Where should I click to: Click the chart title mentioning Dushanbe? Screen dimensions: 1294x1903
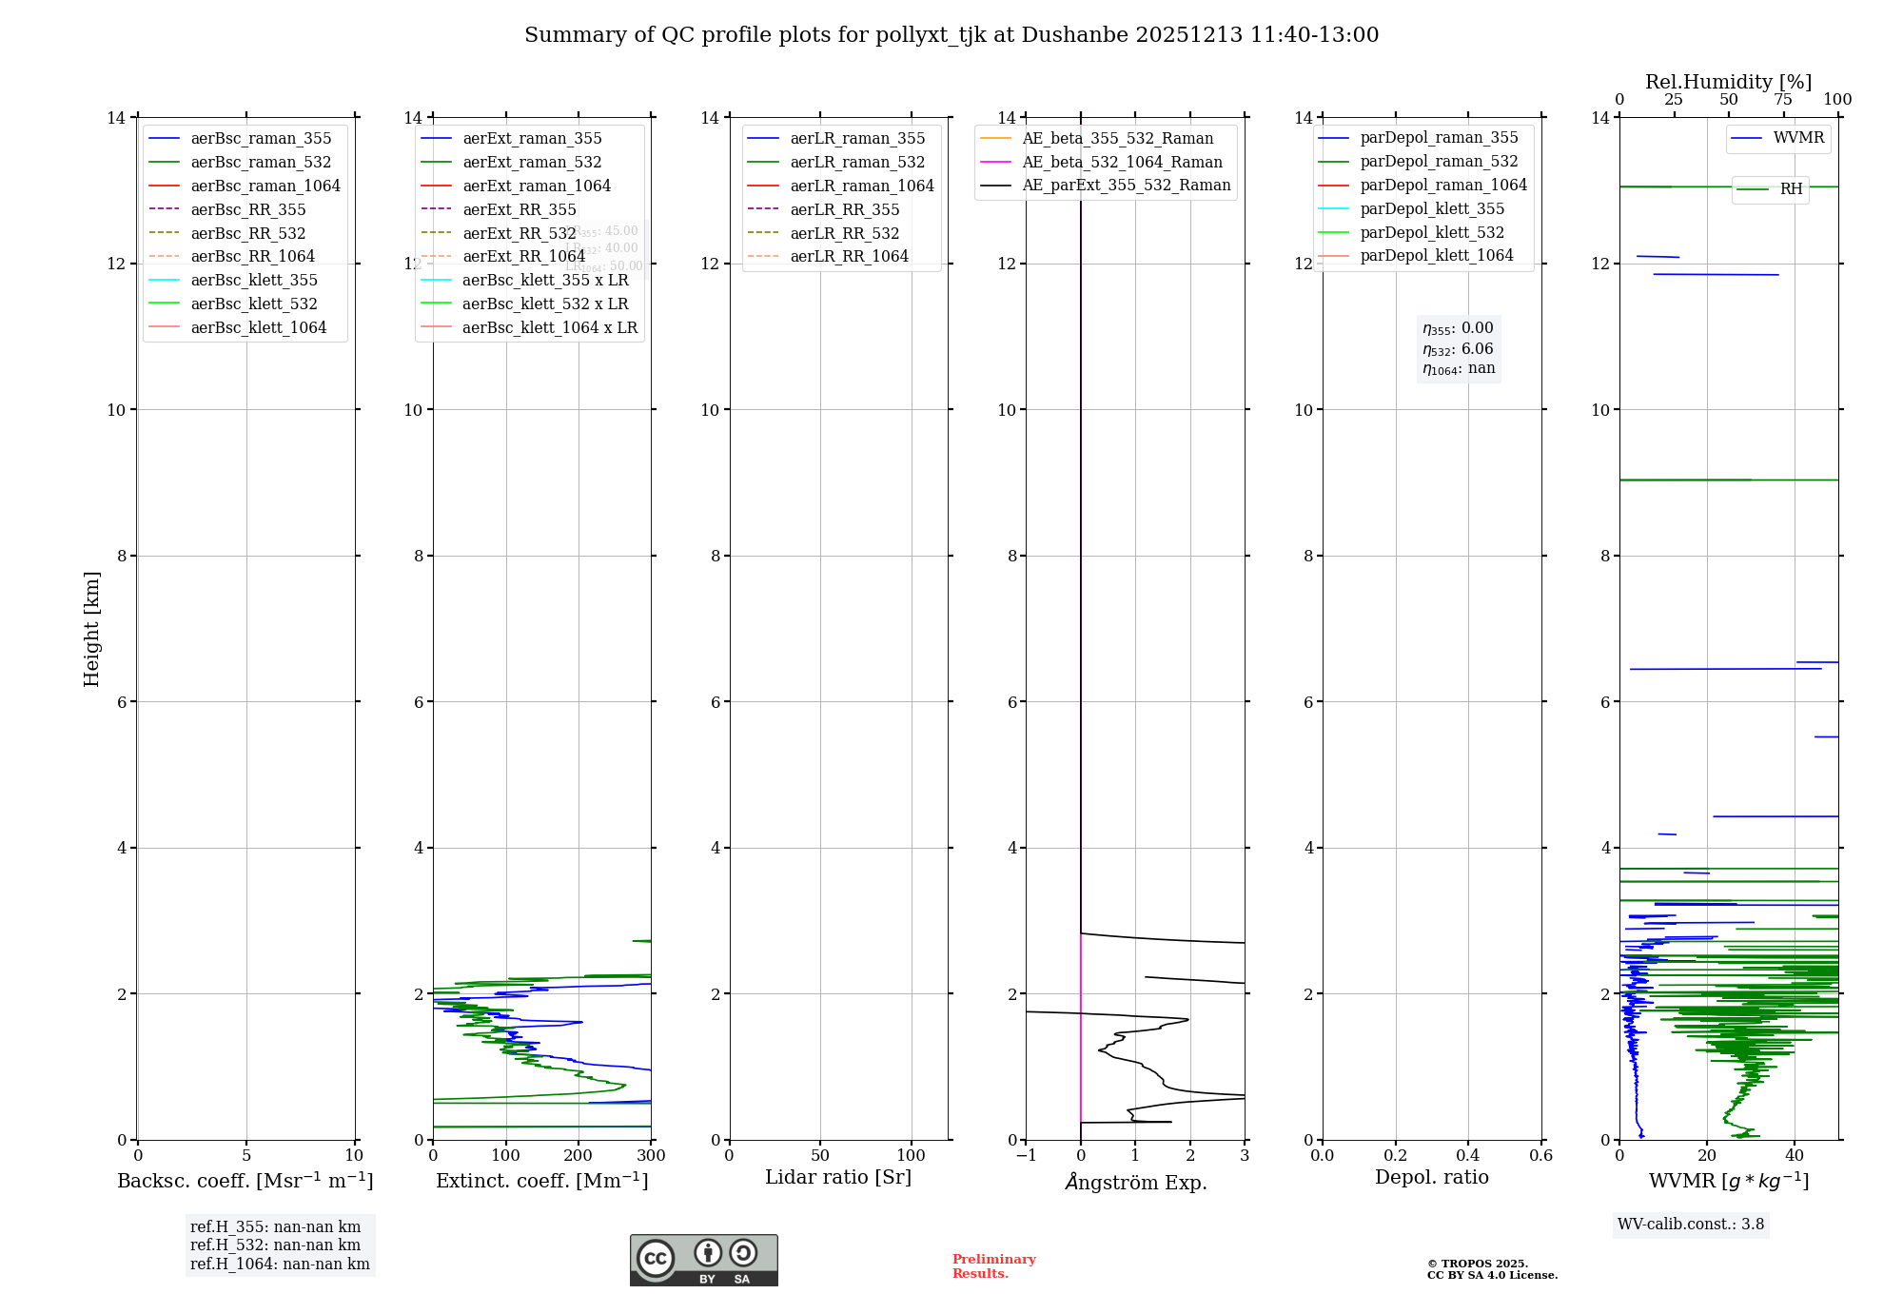coord(951,35)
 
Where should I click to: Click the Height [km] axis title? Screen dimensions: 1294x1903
coord(91,628)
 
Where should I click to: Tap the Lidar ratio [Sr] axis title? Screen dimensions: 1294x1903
coord(838,1177)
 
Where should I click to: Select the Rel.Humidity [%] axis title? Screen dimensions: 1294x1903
coord(1728,82)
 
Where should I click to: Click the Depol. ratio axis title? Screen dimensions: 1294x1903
coord(1431,1177)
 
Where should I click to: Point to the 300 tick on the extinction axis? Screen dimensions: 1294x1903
coord(652,1156)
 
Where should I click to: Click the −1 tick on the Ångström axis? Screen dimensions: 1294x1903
coord(1025,1156)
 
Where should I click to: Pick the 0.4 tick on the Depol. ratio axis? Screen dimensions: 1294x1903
coord(1468,1156)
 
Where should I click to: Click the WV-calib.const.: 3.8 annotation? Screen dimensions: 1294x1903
coord(1690,1225)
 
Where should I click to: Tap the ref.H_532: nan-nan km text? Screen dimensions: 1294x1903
coord(275,1245)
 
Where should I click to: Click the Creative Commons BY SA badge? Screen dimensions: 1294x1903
coord(703,1260)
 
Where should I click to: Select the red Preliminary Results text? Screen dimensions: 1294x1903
coord(993,1266)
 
